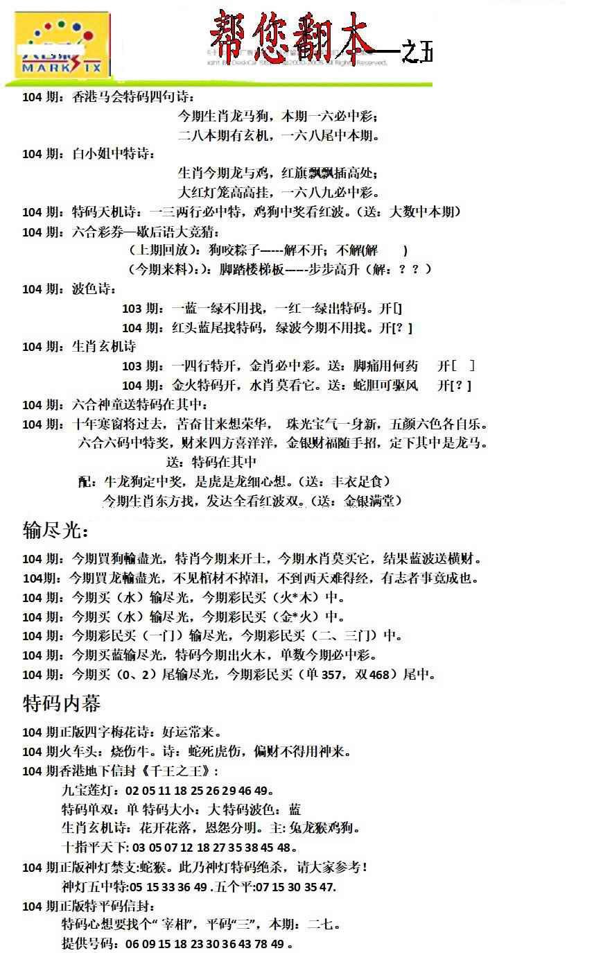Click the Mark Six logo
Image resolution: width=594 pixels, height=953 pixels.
(62, 47)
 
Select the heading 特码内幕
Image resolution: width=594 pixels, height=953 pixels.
(62, 703)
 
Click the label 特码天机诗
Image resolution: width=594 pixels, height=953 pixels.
(106, 212)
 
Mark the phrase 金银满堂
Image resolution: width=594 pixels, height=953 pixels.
(372, 500)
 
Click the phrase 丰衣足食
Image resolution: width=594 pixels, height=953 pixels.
(361, 481)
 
